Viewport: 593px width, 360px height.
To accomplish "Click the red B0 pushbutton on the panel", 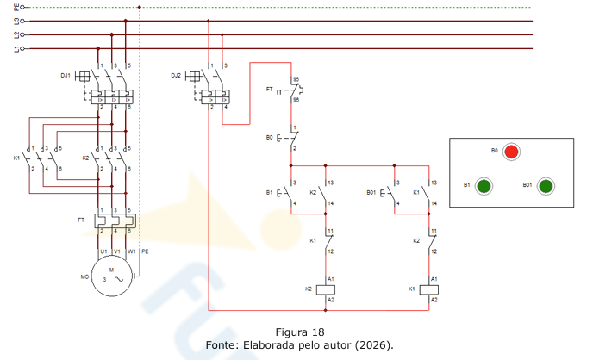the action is [x=511, y=152].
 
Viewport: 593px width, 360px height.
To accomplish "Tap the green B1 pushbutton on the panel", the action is [x=484, y=186].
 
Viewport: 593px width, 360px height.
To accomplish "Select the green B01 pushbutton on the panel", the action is [x=546, y=186].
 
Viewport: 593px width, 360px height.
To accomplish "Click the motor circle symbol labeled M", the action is [x=112, y=276].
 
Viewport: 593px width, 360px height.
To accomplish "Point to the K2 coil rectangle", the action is [x=325, y=289].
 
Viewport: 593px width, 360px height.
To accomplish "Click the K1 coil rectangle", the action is [x=429, y=289].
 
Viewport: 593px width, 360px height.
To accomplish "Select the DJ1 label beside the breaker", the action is [x=66, y=76].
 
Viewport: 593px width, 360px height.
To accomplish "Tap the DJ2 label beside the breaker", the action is [x=176, y=76].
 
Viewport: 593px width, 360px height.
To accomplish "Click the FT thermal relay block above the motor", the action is [x=115, y=221].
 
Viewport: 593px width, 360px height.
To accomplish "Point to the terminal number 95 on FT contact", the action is [x=296, y=80].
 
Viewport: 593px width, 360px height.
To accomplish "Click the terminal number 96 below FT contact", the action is [x=296, y=100].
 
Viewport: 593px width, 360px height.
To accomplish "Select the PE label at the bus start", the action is [x=16, y=7].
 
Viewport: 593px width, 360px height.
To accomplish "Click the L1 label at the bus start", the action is [x=16, y=48].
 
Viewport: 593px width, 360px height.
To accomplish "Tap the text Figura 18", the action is [x=300, y=332].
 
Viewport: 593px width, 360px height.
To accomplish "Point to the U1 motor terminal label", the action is [x=103, y=251].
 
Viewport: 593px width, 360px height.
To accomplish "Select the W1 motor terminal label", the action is [x=132, y=251].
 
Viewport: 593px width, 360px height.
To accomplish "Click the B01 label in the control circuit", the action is [x=371, y=193].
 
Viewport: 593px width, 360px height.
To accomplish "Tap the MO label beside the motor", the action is [x=84, y=277].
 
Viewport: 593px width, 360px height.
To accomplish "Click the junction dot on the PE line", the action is [x=140, y=7].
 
